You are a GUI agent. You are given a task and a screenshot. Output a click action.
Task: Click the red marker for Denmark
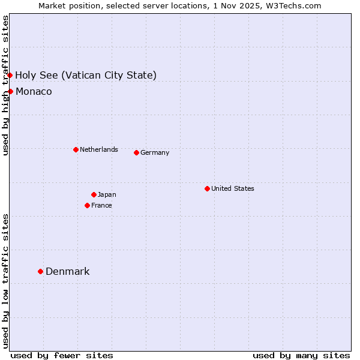click(40, 271)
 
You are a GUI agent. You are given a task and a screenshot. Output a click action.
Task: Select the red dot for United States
click(207, 188)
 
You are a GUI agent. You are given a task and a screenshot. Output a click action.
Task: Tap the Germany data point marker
click(136, 152)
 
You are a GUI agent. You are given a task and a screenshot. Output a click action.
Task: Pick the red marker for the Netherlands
click(76, 149)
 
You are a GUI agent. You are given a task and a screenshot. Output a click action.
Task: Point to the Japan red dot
click(94, 194)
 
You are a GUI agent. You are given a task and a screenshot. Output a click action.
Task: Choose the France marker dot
click(87, 205)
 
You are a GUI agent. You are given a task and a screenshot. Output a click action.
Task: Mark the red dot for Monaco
click(10, 91)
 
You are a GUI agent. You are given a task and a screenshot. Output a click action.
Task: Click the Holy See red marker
click(10, 75)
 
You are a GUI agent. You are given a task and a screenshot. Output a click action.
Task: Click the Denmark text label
click(67, 271)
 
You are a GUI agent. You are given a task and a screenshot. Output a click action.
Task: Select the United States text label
click(232, 188)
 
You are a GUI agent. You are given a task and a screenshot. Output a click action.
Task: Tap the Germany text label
click(155, 152)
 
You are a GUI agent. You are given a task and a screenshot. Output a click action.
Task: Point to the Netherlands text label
click(98, 149)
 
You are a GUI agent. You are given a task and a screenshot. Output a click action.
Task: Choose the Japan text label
click(107, 194)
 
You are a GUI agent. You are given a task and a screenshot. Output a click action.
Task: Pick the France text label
click(101, 205)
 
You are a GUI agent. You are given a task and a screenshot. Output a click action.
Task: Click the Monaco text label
click(34, 91)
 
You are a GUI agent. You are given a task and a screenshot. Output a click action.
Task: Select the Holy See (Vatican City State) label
click(86, 75)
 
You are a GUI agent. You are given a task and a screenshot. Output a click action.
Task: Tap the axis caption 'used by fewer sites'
click(62, 355)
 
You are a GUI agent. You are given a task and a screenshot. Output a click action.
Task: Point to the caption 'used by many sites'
click(301, 355)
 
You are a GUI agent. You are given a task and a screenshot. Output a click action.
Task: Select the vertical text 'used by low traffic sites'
click(5, 281)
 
